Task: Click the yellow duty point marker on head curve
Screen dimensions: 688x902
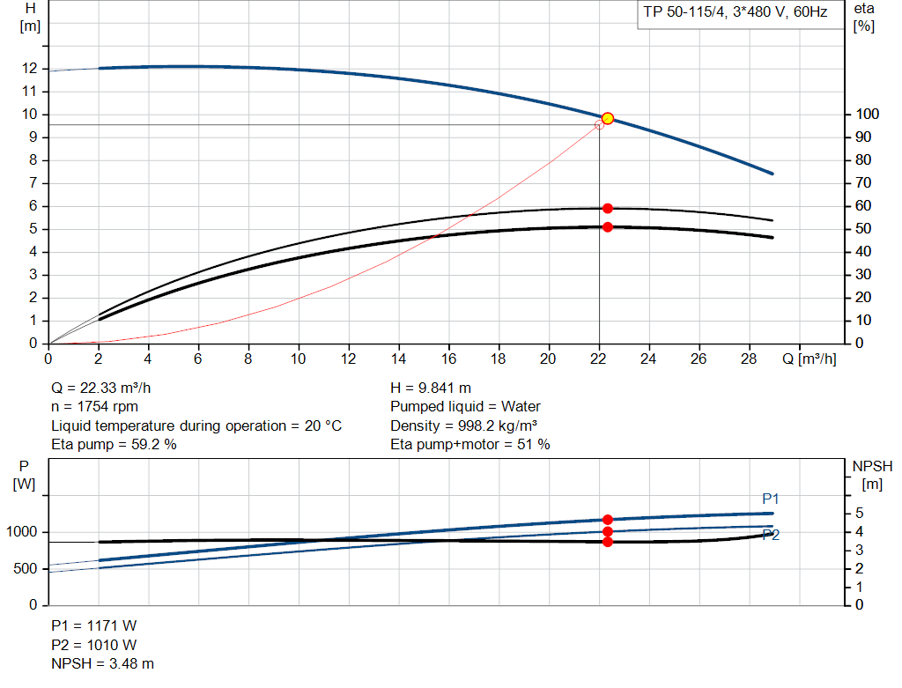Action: click(x=607, y=118)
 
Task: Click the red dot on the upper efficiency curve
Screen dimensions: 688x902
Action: click(x=607, y=208)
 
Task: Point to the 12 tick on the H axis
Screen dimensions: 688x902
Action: click(x=31, y=68)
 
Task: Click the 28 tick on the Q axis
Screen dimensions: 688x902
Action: click(x=750, y=359)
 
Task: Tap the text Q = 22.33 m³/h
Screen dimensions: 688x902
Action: click(x=107, y=388)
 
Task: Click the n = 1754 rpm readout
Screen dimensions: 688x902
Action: click(x=94, y=406)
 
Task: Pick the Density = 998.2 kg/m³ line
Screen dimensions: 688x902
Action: click(x=463, y=425)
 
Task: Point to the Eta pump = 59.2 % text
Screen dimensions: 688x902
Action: click(x=114, y=445)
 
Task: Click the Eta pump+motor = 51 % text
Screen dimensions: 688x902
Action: click(x=470, y=445)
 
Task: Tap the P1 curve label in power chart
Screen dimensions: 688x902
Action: click(x=771, y=499)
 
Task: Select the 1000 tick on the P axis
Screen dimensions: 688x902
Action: click(x=24, y=532)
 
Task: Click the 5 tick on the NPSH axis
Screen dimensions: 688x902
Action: click(x=859, y=514)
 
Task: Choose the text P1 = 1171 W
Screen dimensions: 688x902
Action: click(x=94, y=626)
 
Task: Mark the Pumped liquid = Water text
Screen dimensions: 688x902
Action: click(x=465, y=406)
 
